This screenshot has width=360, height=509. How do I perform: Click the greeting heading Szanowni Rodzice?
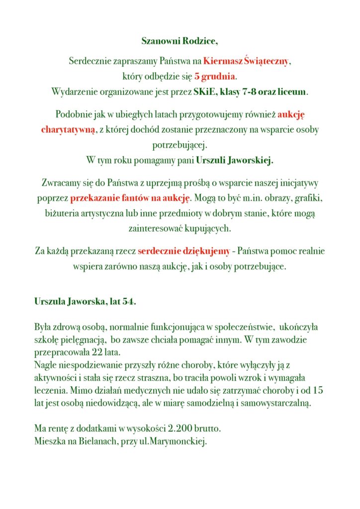coord(180,41)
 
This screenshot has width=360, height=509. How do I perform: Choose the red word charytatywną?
coord(66,130)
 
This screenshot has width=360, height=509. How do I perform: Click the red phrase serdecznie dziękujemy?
coord(184,251)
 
